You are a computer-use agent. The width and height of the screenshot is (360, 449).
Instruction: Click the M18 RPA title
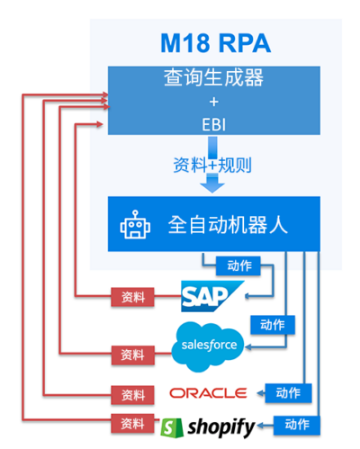tap(215, 43)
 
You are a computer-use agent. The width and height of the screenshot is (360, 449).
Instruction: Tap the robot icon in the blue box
tap(135, 225)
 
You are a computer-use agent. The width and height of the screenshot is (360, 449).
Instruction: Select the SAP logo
tap(211, 296)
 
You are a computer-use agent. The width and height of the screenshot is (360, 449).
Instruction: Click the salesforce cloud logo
tap(208, 346)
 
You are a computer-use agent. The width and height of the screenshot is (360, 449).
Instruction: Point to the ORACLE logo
tap(208, 393)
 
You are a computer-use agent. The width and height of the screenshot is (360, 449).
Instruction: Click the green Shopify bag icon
tap(172, 427)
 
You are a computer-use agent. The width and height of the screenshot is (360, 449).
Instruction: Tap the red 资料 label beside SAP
tap(132, 297)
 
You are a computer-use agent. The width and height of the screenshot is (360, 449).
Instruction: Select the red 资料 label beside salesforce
tap(132, 355)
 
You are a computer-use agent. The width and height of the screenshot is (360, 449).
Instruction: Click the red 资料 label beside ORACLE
tap(132, 395)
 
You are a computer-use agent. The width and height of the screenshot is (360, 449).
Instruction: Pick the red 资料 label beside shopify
tap(132, 424)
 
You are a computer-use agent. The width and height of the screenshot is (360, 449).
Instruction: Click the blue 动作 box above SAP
tap(238, 265)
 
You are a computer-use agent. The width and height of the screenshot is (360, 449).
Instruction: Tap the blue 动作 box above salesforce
tap(273, 325)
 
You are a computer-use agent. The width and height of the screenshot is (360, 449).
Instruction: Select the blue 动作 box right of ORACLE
tap(288, 393)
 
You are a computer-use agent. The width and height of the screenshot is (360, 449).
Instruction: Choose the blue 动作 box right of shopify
tap(297, 425)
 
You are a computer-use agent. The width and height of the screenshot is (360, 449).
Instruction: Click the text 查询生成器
tap(213, 77)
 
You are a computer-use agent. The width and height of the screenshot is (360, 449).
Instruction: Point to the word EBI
tap(213, 125)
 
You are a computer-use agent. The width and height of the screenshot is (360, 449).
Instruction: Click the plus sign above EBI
tap(213, 102)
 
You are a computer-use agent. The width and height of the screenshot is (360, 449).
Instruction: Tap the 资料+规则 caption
tap(212, 165)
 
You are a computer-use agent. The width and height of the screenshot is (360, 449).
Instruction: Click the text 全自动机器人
tap(228, 225)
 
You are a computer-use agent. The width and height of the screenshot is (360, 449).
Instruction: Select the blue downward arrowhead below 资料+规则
tap(212, 185)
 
